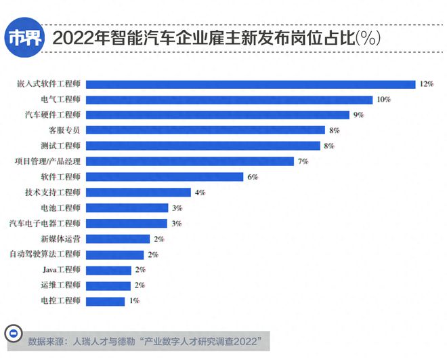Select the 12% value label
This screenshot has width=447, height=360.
pyautogui.click(x=426, y=84)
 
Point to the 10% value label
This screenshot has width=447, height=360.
pyautogui.click(x=383, y=100)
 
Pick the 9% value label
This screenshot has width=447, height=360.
pyautogui.click(x=358, y=115)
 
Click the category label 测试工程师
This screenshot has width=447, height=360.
pyautogui.click(x=60, y=146)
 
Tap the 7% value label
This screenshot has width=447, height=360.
pyautogui.click(x=303, y=161)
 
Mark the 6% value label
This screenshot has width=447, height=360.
pyautogui.click(x=253, y=177)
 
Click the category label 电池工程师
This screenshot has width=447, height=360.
pyautogui.click(x=60, y=208)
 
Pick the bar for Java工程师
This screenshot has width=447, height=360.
pyautogui.click(x=108, y=270)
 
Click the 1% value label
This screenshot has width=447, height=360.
pyautogui.click(x=133, y=301)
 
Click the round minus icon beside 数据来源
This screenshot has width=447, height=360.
pyautogui.click(x=12, y=335)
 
